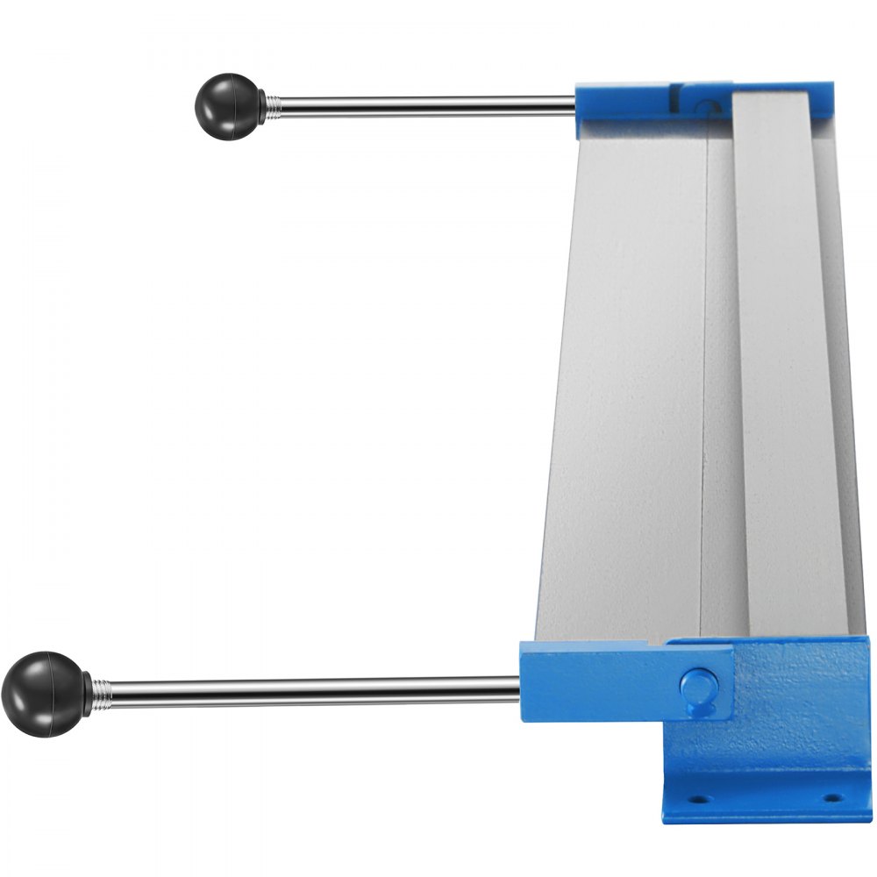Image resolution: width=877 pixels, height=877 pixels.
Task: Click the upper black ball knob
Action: coord(226,105)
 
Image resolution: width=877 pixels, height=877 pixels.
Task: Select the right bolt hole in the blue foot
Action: coord(831,799)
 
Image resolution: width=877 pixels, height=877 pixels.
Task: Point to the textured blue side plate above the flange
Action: coord(789,702)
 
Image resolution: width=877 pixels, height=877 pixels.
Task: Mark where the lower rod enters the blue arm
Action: coord(521,689)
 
